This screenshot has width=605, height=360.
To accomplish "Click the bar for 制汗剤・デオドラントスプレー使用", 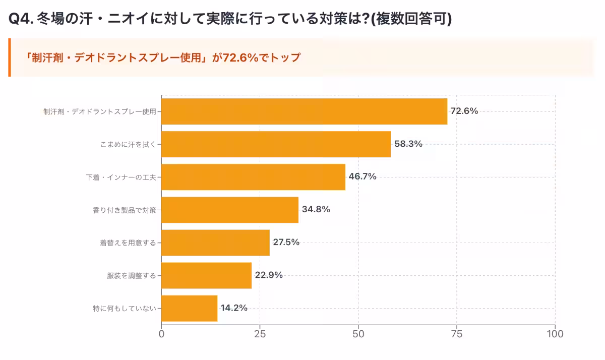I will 304,111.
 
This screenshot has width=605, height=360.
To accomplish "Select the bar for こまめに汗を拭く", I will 276,144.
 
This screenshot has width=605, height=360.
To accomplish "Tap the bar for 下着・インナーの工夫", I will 253,177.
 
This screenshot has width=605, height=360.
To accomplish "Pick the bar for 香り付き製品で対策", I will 230,210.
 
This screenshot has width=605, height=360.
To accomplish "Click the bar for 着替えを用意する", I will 215,243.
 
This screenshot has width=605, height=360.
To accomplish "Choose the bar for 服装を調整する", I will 206,275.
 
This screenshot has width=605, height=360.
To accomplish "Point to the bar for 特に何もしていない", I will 189,308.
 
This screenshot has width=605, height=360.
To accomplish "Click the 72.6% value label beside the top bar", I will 464,111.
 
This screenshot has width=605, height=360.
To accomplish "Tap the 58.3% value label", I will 408,144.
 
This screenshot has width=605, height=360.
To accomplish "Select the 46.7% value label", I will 362,177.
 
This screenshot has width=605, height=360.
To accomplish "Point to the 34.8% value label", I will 316,210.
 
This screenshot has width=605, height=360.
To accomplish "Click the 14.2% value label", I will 233,308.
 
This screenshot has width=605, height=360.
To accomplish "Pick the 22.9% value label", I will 269,275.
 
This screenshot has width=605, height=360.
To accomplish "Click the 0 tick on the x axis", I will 161,334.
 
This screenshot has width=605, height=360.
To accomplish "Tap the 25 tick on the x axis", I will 260,334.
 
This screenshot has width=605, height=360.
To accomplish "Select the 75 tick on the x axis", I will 457,334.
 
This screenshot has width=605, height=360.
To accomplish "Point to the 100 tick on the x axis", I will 555,334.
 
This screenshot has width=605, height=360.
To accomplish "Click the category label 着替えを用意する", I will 128,243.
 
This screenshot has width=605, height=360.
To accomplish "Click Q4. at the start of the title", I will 21,19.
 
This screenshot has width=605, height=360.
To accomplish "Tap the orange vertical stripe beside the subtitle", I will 10,57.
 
